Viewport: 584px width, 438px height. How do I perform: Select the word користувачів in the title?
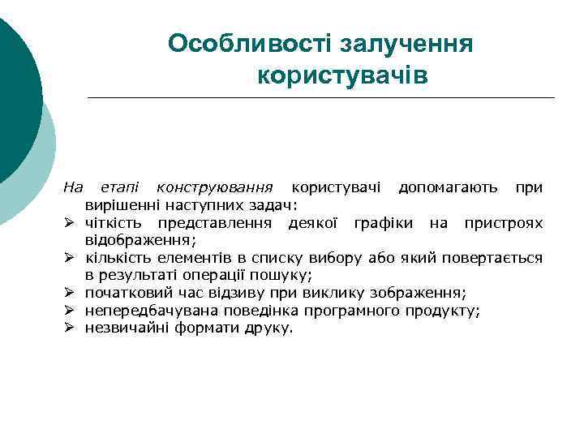click(341, 76)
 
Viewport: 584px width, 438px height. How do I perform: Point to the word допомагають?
click(448, 188)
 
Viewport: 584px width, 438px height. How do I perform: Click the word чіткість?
click(114, 223)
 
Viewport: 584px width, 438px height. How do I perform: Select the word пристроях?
click(504, 223)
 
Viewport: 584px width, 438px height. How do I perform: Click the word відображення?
click(141, 240)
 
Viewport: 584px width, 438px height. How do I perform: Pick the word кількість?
click(119, 258)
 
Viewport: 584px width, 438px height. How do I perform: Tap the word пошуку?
click(282, 276)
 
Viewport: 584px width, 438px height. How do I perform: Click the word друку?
click(274, 328)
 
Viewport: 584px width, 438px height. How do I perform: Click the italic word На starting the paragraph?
click(74, 188)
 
